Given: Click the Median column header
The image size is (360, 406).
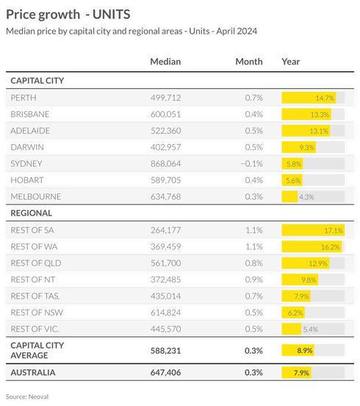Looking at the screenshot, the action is [165, 62].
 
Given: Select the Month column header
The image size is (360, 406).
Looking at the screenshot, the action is [249, 62].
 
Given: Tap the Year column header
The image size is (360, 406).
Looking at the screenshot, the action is [291, 62].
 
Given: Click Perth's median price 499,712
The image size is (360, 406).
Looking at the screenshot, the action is [166, 98].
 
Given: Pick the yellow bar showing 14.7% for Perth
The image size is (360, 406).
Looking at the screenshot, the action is [309, 98].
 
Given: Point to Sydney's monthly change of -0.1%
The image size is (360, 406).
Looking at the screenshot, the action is [252, 163].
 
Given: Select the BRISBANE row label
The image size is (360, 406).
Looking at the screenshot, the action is [29, 114].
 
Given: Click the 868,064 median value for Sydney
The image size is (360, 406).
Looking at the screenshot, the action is [166, 163].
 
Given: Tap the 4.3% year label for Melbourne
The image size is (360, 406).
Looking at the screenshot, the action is [306, 197].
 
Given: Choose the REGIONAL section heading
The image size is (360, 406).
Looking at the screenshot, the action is [32, 213].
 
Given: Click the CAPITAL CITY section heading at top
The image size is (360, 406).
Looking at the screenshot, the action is [37, 80].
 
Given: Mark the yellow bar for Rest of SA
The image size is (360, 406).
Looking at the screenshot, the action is [313, 230].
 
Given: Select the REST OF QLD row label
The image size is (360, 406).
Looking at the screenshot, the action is [36, 263].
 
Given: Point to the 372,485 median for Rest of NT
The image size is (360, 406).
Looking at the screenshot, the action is [166, 279].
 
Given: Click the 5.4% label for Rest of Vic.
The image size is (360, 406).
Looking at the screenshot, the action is [311, 330].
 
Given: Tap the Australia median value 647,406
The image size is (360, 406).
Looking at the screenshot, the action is [166, 372].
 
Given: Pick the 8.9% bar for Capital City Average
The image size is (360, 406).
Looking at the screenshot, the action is [298, 350].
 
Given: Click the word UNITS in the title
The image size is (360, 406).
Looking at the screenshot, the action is [112, 15].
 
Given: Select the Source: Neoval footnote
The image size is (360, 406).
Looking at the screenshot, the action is [27, 396].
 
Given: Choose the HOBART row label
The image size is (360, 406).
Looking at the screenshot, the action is [27, 180].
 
